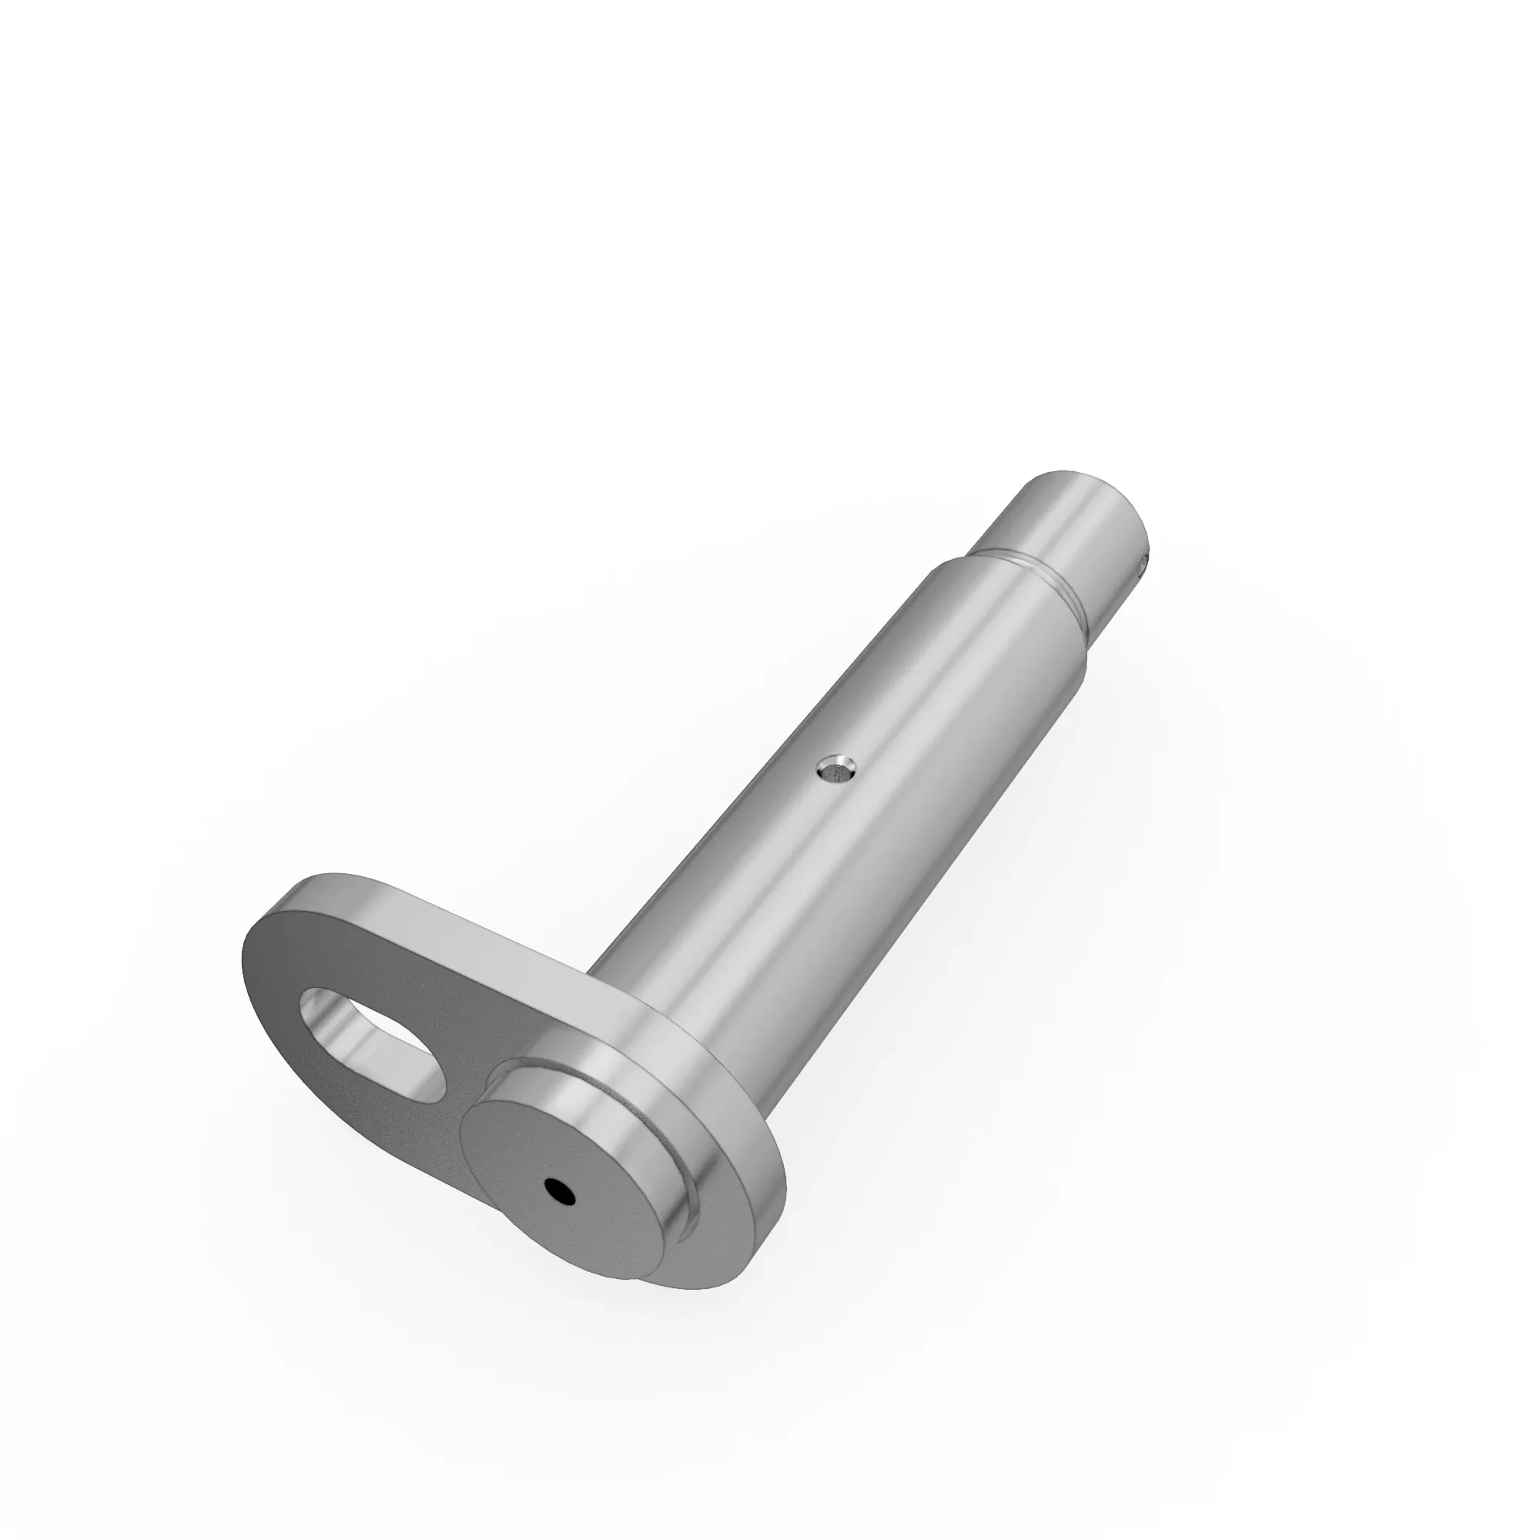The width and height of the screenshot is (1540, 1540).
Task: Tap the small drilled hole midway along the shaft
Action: pos(836,770)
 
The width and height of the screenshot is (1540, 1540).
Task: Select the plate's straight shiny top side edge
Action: pos(478,932)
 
